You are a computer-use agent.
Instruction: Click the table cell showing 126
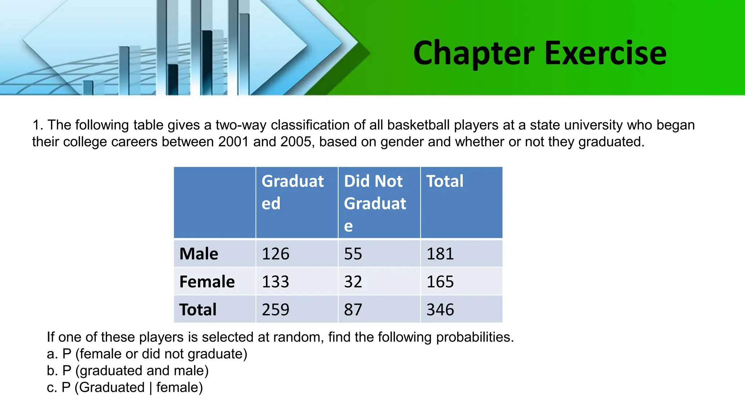[x=276, y=254]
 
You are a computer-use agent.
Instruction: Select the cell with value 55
[x=353, y=254]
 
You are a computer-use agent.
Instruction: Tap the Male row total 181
[x=440, y=254]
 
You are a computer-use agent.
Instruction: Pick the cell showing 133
[x=276, y=282]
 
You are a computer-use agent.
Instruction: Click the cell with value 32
[x=353, y=282]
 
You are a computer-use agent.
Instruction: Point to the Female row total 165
[x=440, y=282]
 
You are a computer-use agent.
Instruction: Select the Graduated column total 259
[x=276, y=310]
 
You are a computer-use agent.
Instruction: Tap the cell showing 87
[x=353, y=310]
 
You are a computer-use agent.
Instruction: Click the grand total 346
[x=440, y=310]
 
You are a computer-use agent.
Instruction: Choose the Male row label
[x=199, y=254]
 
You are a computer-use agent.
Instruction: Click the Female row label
[x=207, y=282]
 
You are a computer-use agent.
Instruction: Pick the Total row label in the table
[x=198, y=310]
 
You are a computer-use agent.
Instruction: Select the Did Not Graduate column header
[x=375, y=203]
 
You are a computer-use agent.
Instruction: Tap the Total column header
[x=445, y=181]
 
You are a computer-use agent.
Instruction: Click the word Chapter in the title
[x=474, y=53]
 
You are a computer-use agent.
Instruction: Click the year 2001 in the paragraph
[x=233, y=142]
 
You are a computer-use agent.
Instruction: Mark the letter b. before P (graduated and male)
[x=52, y=371]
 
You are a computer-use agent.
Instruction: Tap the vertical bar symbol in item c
[x=151, y=388]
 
